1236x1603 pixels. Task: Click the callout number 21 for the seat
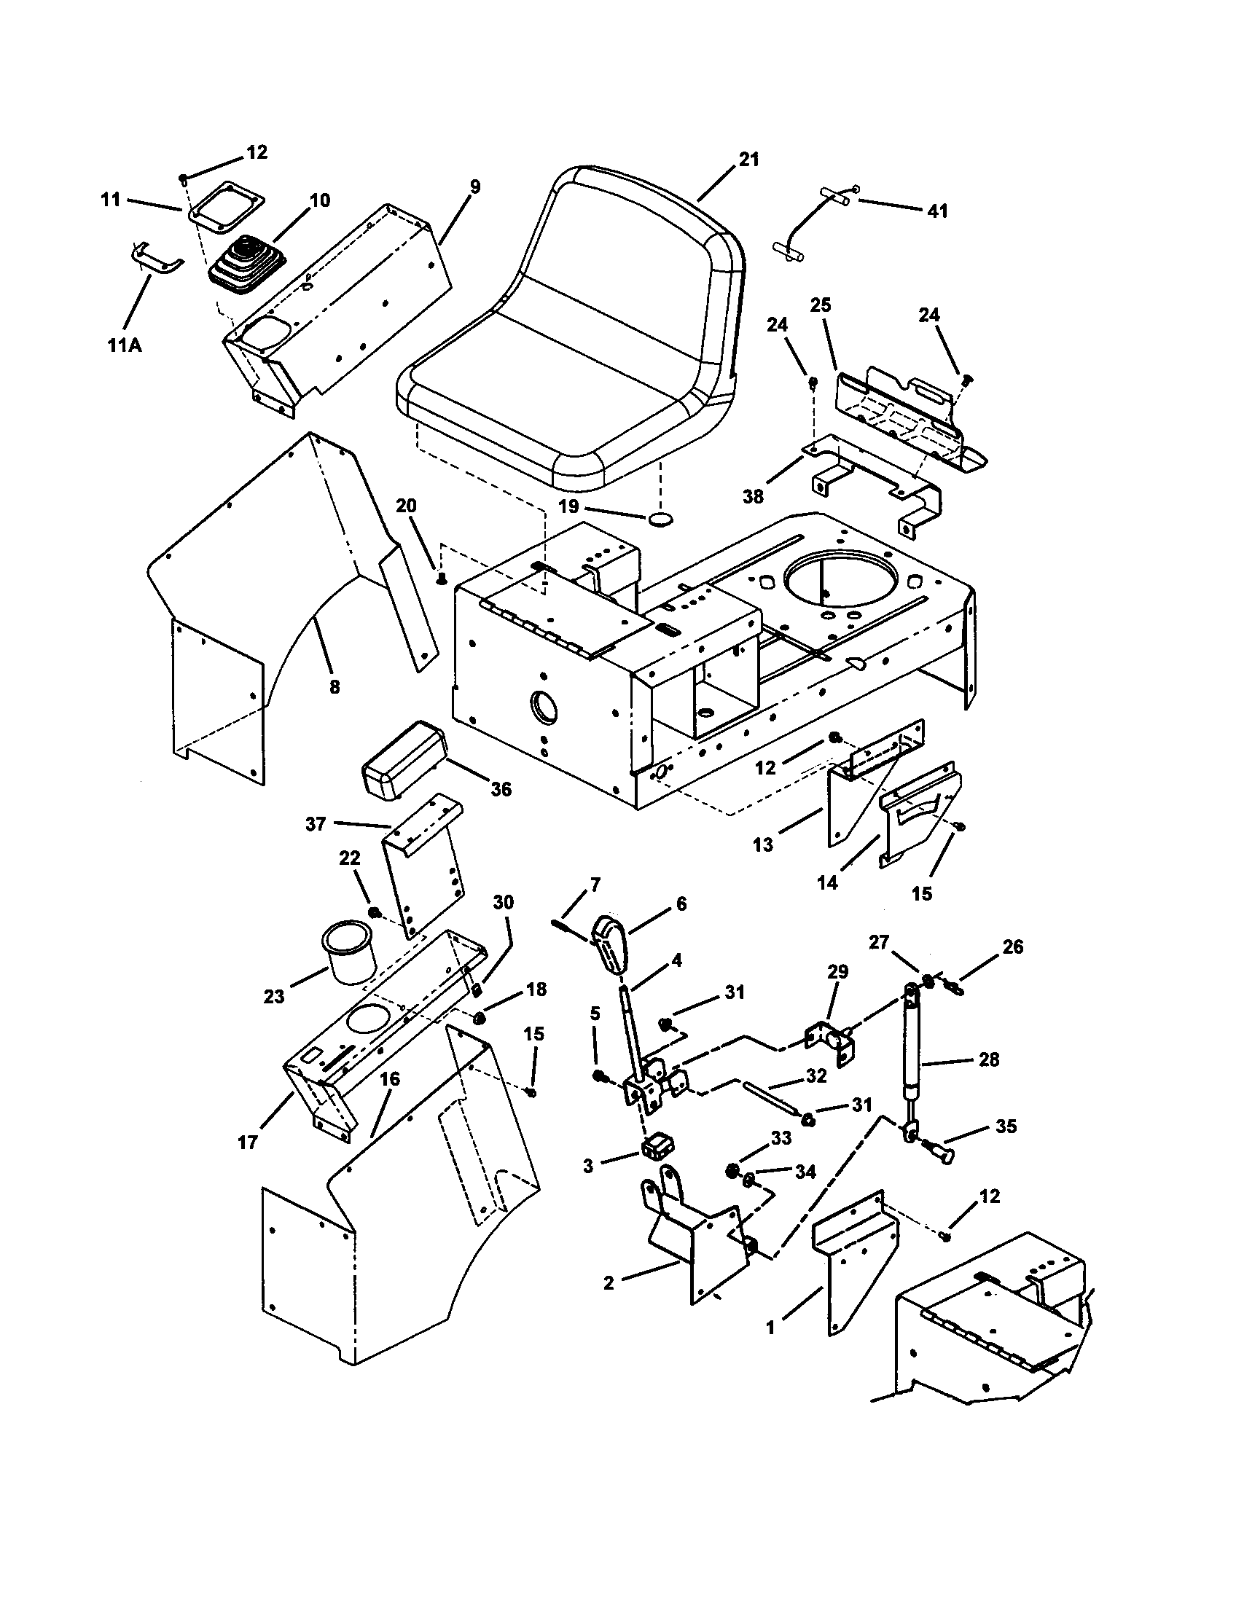click(748, 160)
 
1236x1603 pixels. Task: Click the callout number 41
click(937, 211)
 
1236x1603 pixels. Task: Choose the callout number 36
click(501, 790)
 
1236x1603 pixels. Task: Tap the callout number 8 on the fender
click(334, 687)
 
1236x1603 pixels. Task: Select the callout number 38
click(753, 497)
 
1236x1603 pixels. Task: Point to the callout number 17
click(248, 1143)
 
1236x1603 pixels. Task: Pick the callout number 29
click(837, 972)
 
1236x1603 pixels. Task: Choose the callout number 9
click(475, 187)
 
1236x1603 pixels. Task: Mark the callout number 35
click(1006, 1126)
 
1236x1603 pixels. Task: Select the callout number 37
click(316, 824)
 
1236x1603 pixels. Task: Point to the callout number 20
click(406, 506)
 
